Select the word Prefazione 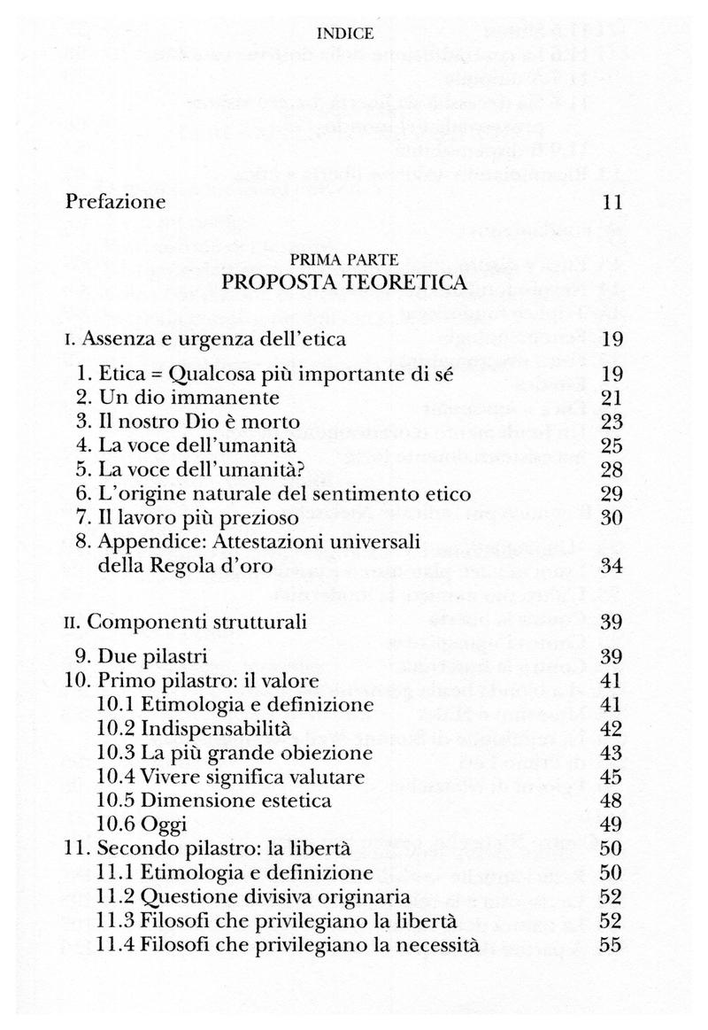tap(116, 202)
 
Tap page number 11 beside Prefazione tap(613, 202)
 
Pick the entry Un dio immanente tap(190, 398)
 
